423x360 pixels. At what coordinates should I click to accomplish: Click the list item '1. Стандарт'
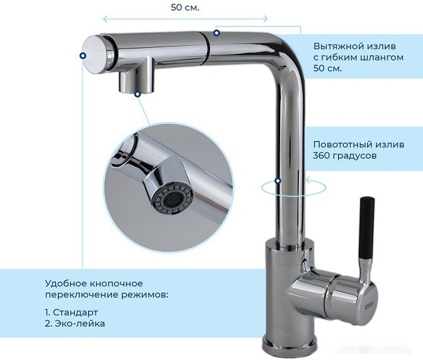point(71,312)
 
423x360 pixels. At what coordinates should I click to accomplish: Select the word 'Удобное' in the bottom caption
point(65,283)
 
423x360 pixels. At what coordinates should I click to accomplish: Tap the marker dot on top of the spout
point(216,32)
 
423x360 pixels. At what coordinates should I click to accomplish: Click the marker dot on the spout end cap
point(83,55)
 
